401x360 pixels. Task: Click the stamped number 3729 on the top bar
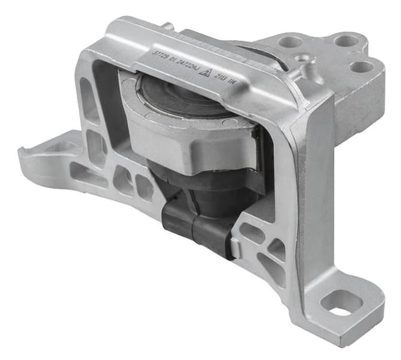coord(162,54)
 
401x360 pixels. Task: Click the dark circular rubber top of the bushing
coord(182,95)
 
